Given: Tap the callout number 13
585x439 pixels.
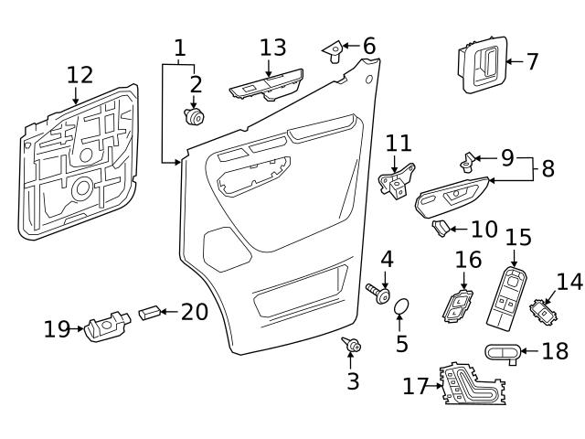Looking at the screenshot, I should [x=272, y=48].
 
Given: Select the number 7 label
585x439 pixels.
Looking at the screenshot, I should [x=532, y=62].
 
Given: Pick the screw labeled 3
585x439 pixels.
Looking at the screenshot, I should [x=351, y=345].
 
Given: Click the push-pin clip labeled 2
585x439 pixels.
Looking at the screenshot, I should [x=194, y=117].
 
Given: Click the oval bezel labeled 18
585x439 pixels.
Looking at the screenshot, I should [x=503, y=352].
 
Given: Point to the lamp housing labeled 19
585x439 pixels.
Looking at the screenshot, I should [x=105, y=326].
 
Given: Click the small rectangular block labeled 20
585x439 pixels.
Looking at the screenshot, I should [x=149, y=314].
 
